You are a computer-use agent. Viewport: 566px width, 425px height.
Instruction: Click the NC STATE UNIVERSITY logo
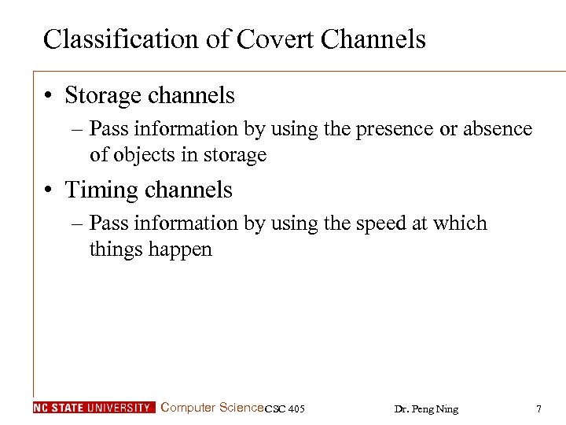pyautogui.click(x=94, y=408)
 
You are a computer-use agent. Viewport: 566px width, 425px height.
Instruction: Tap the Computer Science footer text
pyautogui.click(x=212, y=408)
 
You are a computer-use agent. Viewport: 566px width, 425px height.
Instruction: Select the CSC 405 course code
pyautogui.click(x=285, y=408)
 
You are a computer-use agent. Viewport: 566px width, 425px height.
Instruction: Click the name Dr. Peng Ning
pyautogui.click(x=426, y=408)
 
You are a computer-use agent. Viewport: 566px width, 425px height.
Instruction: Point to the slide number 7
pyautogui.click(x=538, y=408)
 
